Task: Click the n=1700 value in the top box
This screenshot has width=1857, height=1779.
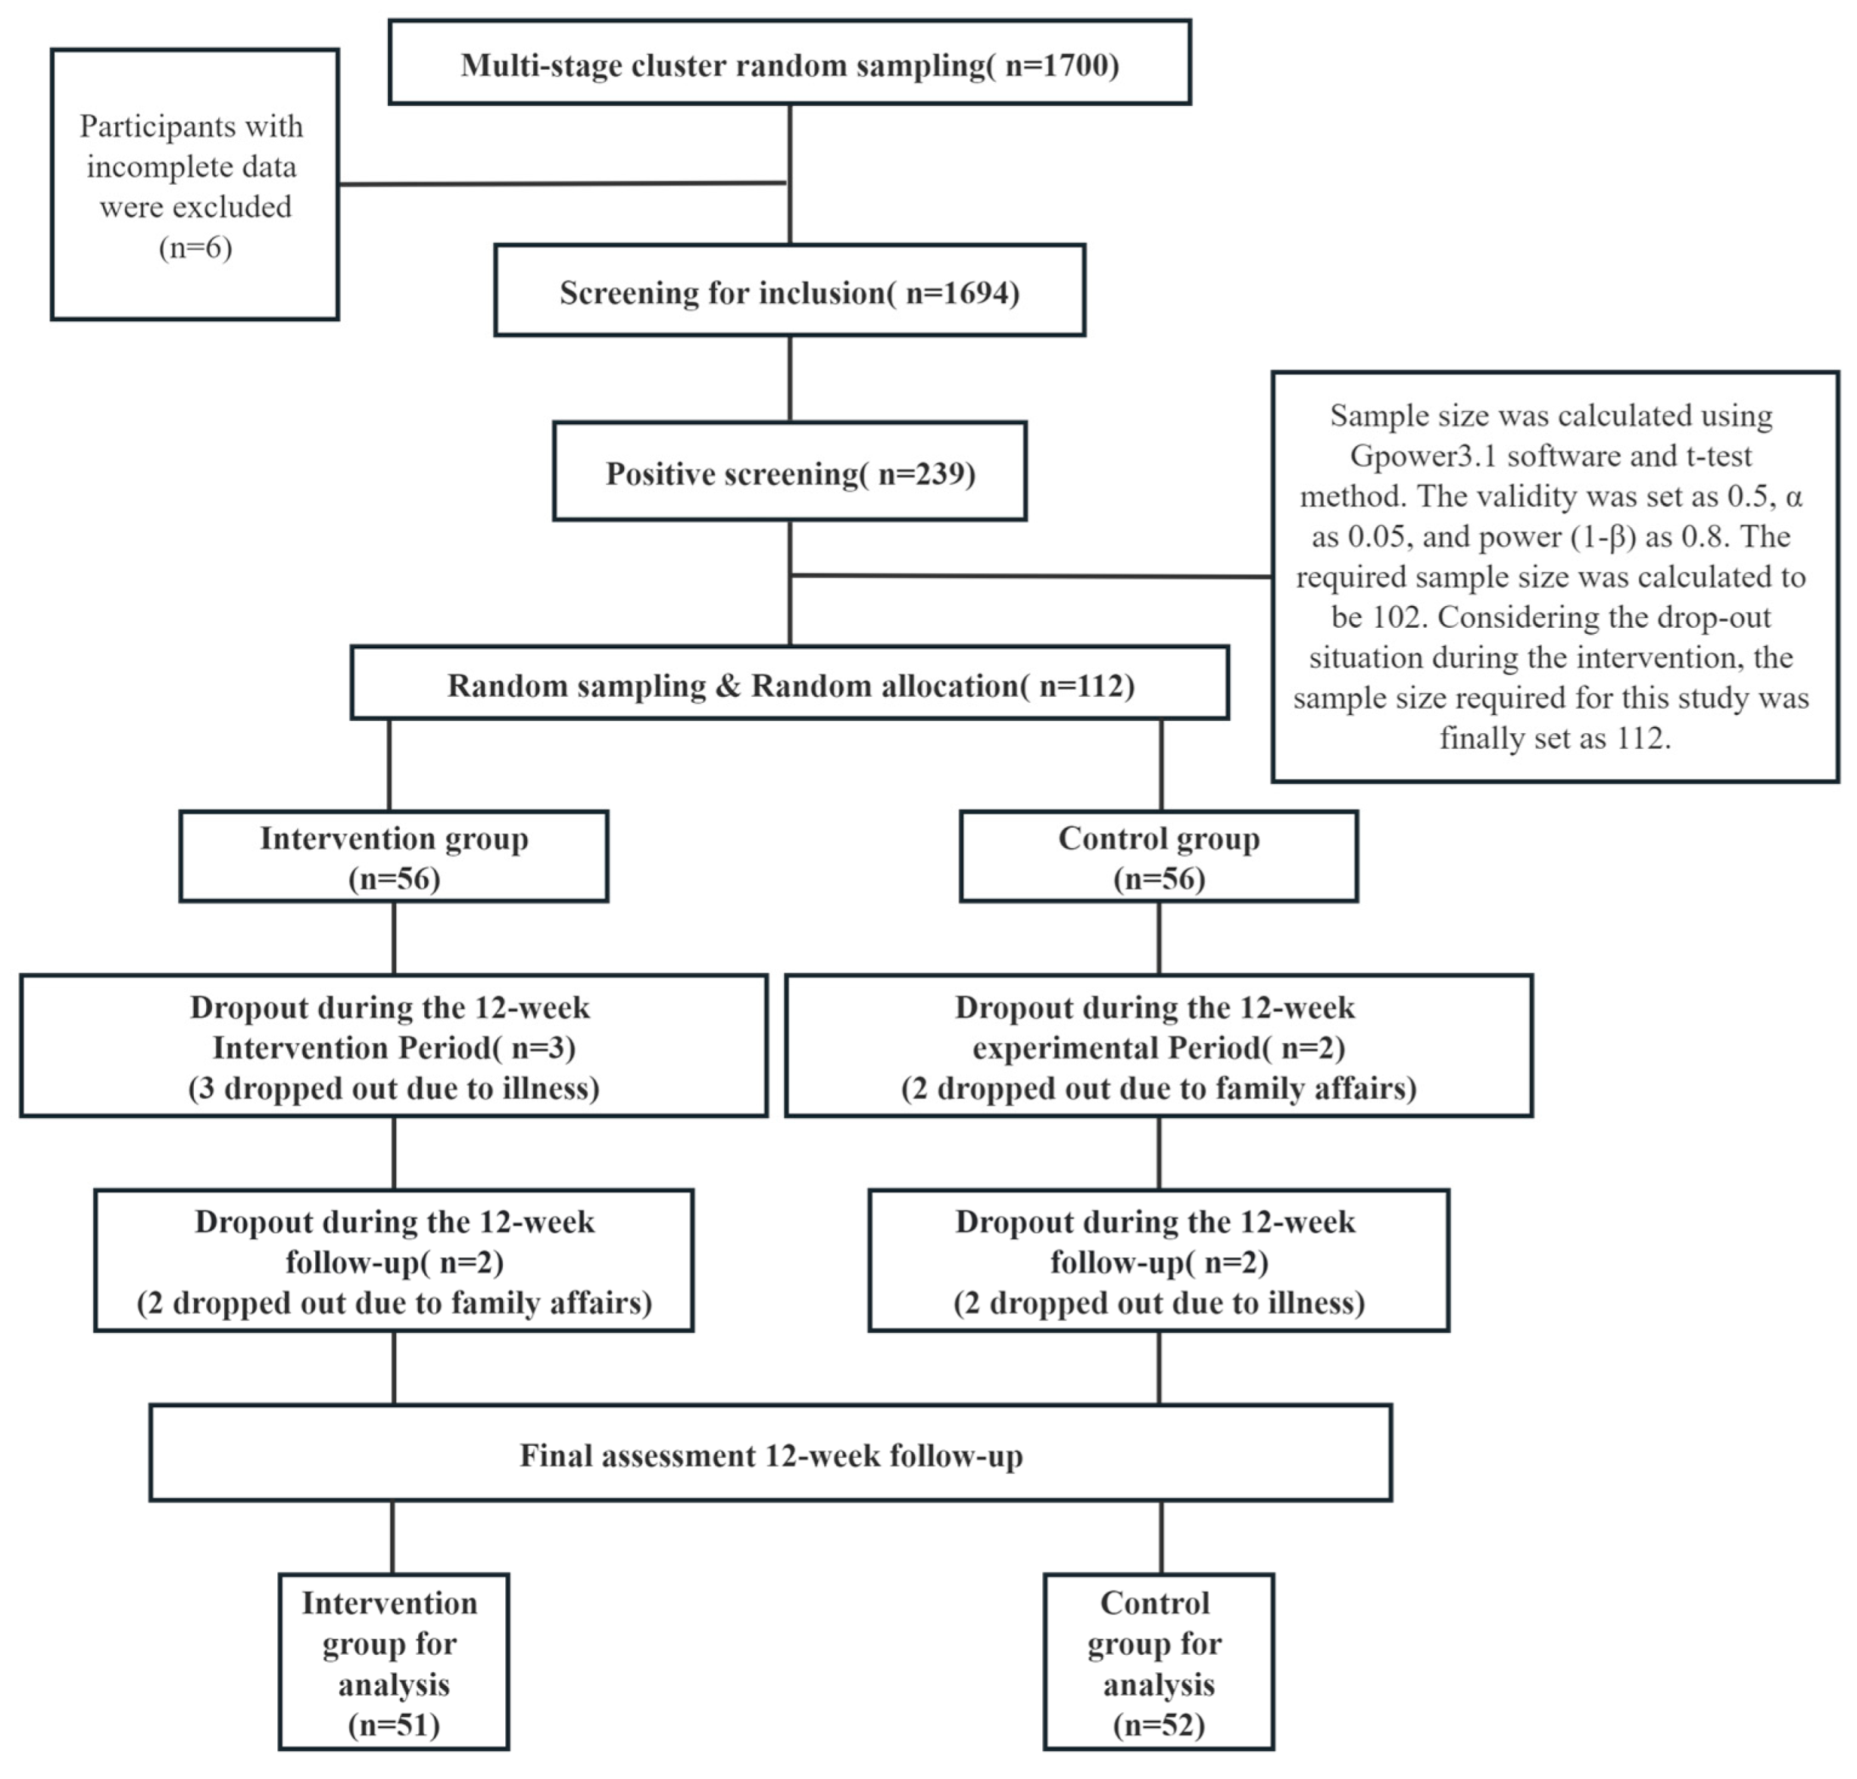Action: click(x=1061, y=65)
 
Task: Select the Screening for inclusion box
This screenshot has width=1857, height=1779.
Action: click(x=789, y=292)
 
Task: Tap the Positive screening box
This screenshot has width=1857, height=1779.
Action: click(x=789, y=473)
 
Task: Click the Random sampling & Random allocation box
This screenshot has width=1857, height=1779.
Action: click(x=789, y=684)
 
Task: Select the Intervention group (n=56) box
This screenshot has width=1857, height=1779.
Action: click(x=393, y=857)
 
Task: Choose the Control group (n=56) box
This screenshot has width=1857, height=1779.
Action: click(x=1158, y=857)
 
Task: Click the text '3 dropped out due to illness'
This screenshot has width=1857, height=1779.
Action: click(x=393, y=1088)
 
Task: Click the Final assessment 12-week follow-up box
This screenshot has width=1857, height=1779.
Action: click(x=770, y=1455)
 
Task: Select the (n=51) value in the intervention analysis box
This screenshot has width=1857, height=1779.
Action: click(x=393, y=1724)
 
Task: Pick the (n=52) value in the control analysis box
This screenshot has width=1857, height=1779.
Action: click(x=1158, y=1724)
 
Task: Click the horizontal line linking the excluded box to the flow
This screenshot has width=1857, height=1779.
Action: click(x=563, y=184)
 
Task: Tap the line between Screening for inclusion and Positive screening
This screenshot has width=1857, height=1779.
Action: click(x=789, y=378)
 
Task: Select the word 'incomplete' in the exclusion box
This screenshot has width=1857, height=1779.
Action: click(x=192, y=167)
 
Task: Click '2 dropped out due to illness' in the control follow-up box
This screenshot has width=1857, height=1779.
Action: click(x=1158, y=1303)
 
